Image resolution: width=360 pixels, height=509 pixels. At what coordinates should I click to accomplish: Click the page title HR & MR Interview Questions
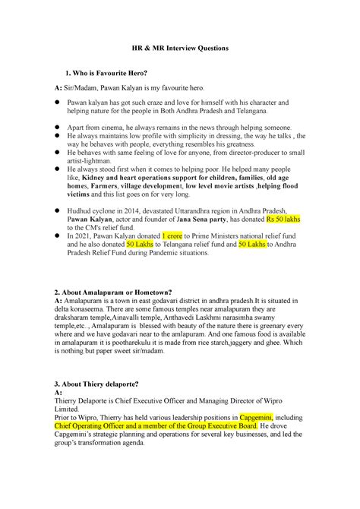(x=179, y=47)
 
